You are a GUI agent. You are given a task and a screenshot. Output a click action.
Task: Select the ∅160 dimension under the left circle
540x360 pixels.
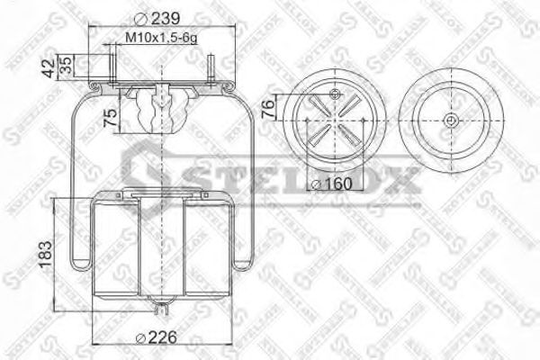pos(331,184)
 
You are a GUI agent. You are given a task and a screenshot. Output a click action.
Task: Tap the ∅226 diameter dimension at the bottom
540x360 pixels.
pos(154,337)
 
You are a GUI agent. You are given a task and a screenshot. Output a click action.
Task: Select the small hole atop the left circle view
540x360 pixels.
pos(336,95)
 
